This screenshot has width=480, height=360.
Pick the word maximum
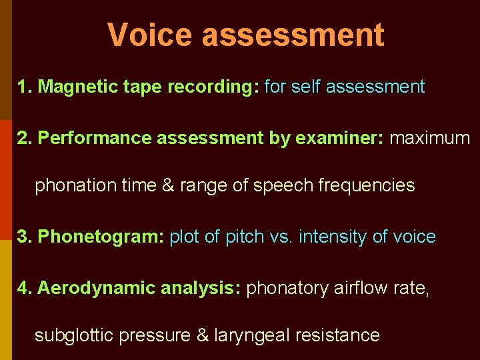click(430, 138)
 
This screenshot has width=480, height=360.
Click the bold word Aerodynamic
click(97, 288)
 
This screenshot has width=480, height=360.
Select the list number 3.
click(23, 237)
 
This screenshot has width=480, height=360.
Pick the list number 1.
click(23, 87)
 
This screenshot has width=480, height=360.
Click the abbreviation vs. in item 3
click(280, 237)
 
